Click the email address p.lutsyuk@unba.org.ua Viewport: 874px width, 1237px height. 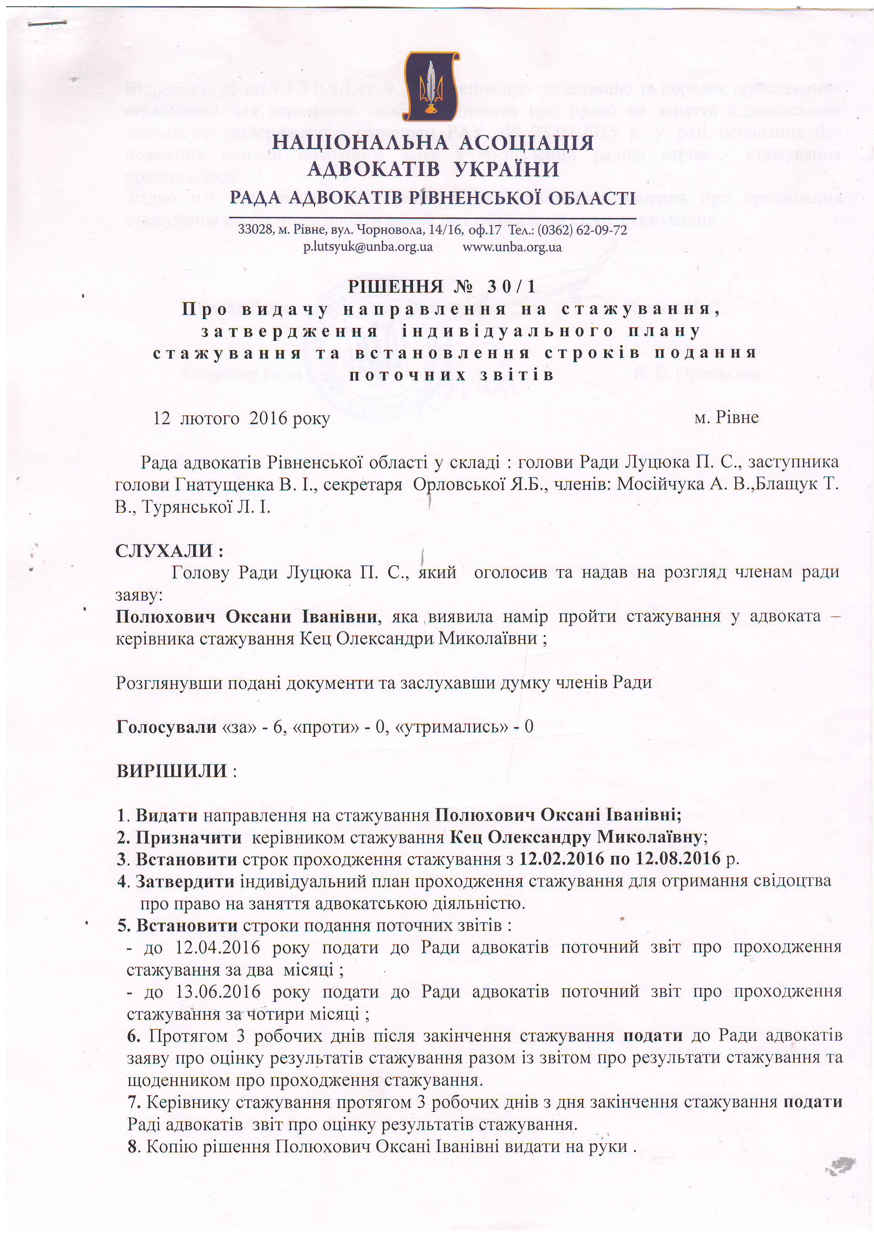(368, 247)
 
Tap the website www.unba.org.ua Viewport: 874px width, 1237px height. (512, 247)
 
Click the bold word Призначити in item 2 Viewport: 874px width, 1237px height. (189, 837)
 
